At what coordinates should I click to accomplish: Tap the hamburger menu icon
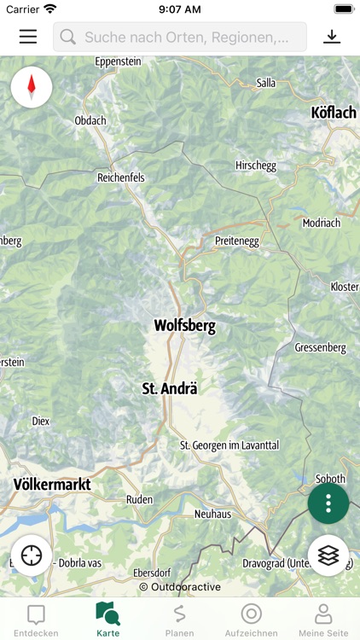[28, 37]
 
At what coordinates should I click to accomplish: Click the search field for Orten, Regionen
[180, 38]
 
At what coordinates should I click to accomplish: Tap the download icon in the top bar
[332, 37]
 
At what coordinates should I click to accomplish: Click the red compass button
[32, 87]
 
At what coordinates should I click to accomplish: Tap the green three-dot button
[328, 503]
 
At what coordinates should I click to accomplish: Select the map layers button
[328, 556]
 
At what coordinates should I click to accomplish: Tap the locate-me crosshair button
[32, 556]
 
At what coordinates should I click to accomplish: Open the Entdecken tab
[36, 620]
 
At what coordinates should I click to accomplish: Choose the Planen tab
[180, 620]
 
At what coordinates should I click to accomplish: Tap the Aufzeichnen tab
[251, 620]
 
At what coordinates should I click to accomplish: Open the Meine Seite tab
[323, 620]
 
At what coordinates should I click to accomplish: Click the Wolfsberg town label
[184, 325]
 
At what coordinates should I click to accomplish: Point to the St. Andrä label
[169, 388]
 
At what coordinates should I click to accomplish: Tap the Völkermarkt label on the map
[52, 485]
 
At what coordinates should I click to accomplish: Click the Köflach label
[334, 113]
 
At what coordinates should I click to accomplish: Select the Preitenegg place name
[236, 241]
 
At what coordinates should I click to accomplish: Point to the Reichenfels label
[121, 177]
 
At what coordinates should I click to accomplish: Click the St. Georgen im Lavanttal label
[229, 445]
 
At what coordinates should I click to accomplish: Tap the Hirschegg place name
[256, 166]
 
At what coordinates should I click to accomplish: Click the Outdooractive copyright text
[180, 587]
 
